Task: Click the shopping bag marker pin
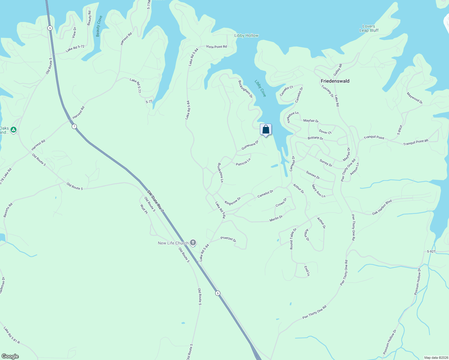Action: (x=266, y=130)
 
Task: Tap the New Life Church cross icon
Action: (x=193, y=243)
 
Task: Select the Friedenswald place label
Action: (x=335, y=81)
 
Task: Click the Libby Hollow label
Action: (x=246, y=35)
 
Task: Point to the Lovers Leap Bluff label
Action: (x=369, y=28)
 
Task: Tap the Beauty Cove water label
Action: (x=99, y=26)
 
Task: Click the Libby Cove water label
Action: (x=260, y=88)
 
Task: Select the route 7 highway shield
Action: (x=74, y=126)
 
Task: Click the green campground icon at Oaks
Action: (x=13, y=130)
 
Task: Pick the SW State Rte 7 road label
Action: (x=155, y=201)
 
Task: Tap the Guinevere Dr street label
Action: (x=250, y=145)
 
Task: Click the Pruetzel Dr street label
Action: (x=228, y=239)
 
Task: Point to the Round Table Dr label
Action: (x=293, y=239)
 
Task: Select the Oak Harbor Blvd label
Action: (x=382, y=207)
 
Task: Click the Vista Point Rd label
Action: (x=216, y=47)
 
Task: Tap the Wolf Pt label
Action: (x=144, y=209)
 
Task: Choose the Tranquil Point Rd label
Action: (x=416, y=142)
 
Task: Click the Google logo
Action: (x=10, y=356)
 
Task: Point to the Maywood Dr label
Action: (x=414, y=98)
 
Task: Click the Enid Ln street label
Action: (x=307, y=271)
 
